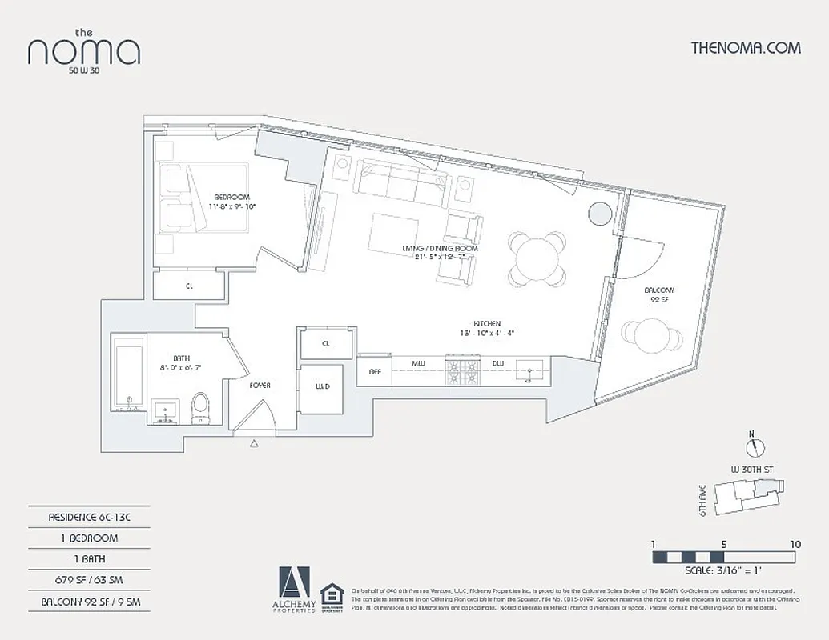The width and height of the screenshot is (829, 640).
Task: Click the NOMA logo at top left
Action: coord(84,50)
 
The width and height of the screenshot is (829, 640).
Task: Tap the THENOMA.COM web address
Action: coord(745,47)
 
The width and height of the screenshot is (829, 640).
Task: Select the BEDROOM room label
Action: coord(231,197)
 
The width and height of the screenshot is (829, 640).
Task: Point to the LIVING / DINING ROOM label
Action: coord(440,250)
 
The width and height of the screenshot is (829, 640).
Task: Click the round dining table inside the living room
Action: coord(538,258)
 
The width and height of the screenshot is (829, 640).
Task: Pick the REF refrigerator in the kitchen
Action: coord(374,371)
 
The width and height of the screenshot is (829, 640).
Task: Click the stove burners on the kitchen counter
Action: coord(461,370)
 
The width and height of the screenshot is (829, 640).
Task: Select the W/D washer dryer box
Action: coord(322,387)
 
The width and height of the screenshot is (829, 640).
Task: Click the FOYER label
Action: coord(260,386)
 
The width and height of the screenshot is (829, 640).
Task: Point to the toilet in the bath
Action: coord(200,407)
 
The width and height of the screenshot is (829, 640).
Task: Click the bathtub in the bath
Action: coord(128,373)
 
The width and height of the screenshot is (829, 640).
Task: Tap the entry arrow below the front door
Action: coord(255,442)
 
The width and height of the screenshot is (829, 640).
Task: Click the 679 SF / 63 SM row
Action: coord(89,580)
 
